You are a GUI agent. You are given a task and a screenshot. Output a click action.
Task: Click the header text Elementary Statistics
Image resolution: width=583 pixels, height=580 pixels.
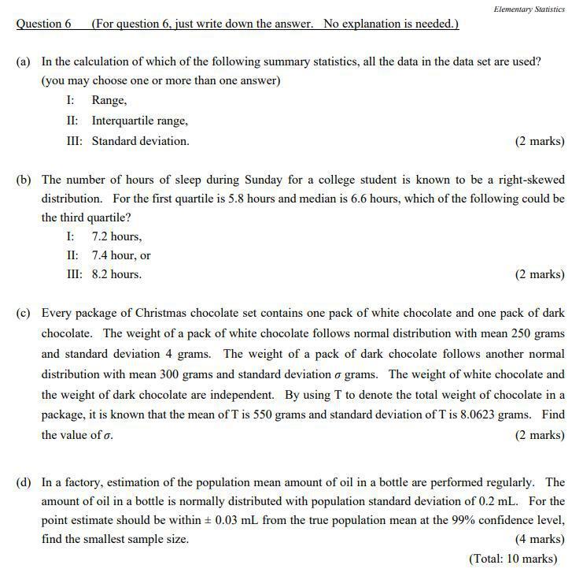click(x=529, y=9)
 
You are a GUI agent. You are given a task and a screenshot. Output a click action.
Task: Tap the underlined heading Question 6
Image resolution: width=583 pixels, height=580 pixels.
click(x=43, y=24)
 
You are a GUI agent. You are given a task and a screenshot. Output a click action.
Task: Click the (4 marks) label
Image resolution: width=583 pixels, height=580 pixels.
click(x=539, y=539)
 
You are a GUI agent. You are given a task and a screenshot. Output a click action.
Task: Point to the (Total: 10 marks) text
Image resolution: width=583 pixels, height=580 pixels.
click(x=513, y=558)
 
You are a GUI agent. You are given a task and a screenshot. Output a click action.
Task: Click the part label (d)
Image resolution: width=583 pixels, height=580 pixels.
click(x=24, y=482)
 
